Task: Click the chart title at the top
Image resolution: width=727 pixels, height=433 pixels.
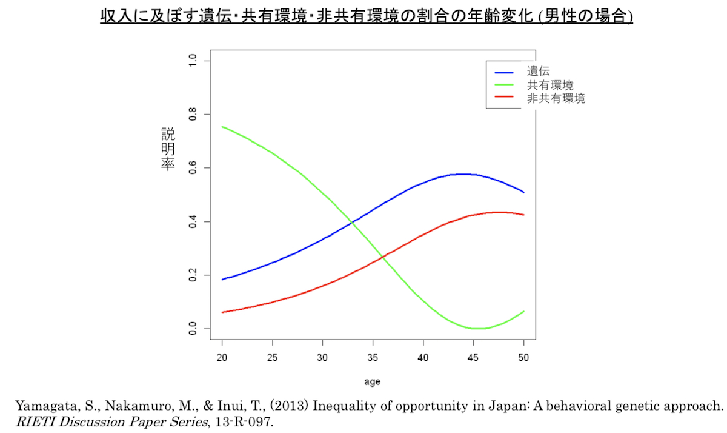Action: point(367,16)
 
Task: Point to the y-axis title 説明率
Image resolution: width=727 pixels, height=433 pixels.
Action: point(168,149)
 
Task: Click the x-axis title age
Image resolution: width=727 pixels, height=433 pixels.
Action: point(372,382)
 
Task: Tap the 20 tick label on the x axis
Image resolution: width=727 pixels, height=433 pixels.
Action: point(222,357)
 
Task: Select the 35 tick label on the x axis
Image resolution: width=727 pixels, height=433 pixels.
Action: point(373,357)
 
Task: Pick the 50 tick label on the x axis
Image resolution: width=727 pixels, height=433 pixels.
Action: point(523,357)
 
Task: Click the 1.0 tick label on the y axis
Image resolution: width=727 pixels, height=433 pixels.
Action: point(193,61)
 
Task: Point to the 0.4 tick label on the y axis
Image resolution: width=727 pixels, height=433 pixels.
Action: point(193,221)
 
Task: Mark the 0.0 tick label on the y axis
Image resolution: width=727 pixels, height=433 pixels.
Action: point(193,329)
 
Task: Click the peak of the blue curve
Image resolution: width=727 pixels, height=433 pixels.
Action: point(462,174)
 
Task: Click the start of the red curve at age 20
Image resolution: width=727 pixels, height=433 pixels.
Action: point(222,312)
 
